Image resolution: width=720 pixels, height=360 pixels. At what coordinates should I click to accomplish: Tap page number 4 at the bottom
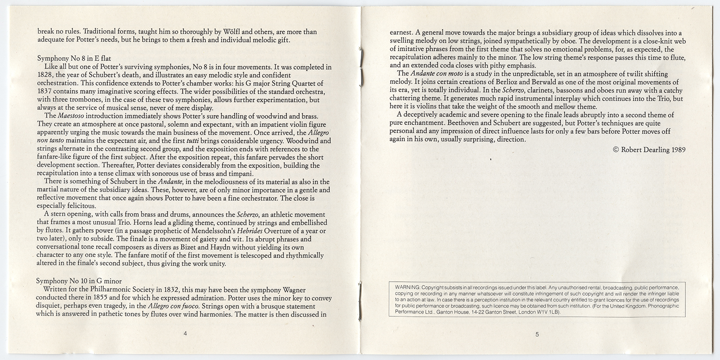click(185, 333)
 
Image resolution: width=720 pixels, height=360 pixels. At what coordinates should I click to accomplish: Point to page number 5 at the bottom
click(537, 334)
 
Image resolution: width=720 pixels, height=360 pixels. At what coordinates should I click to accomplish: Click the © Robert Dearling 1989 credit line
click(649, 150)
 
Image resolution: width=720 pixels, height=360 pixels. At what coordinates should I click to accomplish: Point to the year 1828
click(45, 75)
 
